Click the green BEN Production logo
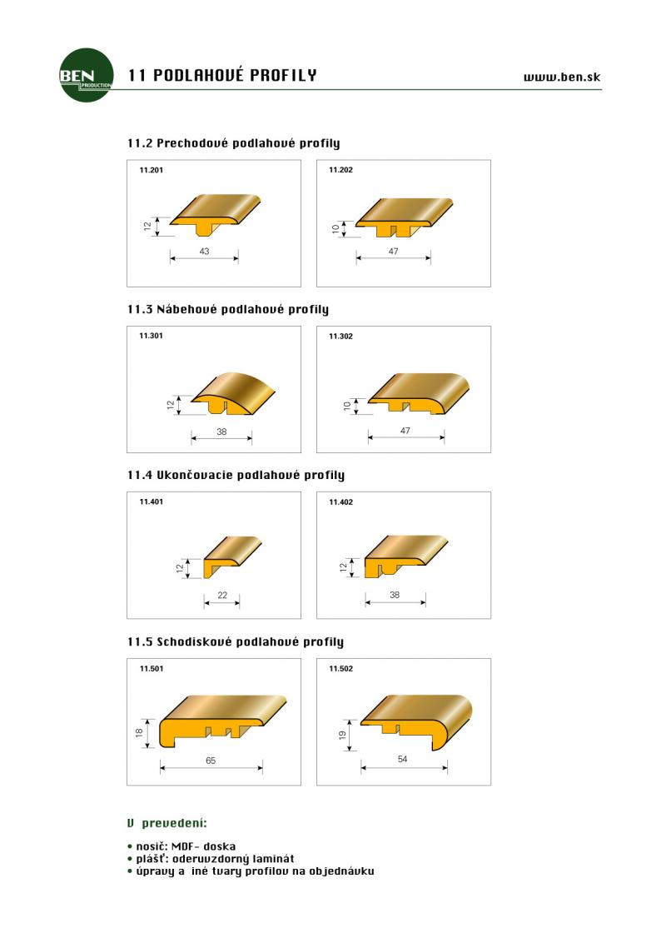[87, 75]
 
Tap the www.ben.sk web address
[562, 77]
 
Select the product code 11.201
[151, 170]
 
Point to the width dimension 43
[204, 251]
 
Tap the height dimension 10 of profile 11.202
[335, 228]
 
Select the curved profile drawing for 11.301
[232, 394]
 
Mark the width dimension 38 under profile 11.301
[221, 432]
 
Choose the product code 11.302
[340, 337]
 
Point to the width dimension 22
[222, 595]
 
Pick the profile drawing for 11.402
[405, 556]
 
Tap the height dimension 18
[139, 732]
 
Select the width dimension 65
[211, 761]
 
